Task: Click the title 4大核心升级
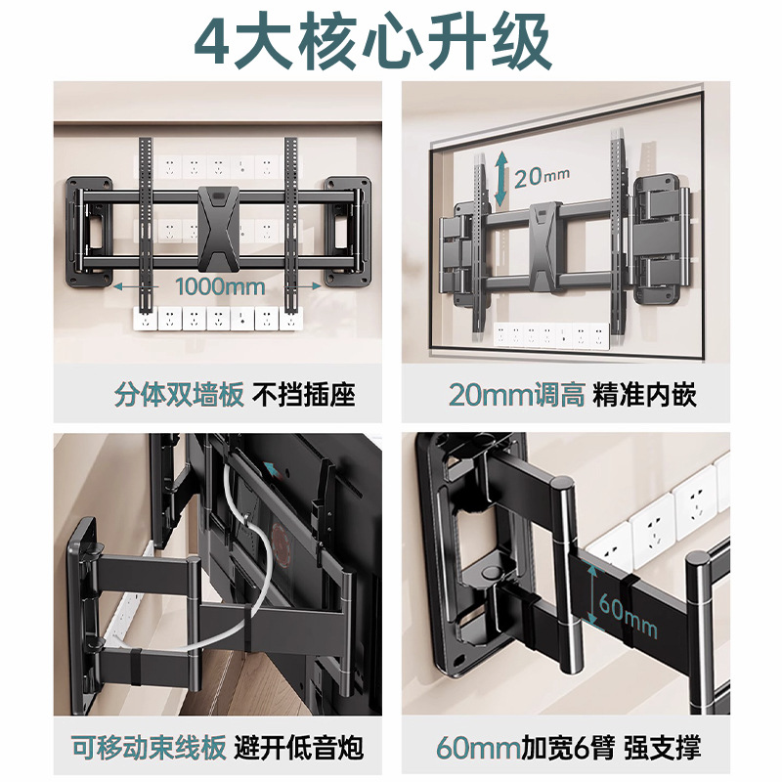click(x=373, y=40)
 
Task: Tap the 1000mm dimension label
click(x=220, y=286)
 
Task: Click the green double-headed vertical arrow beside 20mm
click(x=500, y=179)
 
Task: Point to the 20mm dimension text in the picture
click(x=542, y=177)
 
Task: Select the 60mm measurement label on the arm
click(x=628, y=617)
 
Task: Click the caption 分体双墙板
click(x=179, y=395)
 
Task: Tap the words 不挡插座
click(x=304, y=395)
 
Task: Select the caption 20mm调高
click(x=516, y=395)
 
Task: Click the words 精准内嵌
click(x=644, y=395)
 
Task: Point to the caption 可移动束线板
click(x=149, y=747)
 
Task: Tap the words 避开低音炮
click(x=299, y=747)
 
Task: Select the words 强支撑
click(x=663, y=747)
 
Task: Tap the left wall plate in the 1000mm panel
click(x=90, y=233)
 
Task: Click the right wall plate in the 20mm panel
click(x=659, y=239)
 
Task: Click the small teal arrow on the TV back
click(x=270, y=469)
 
